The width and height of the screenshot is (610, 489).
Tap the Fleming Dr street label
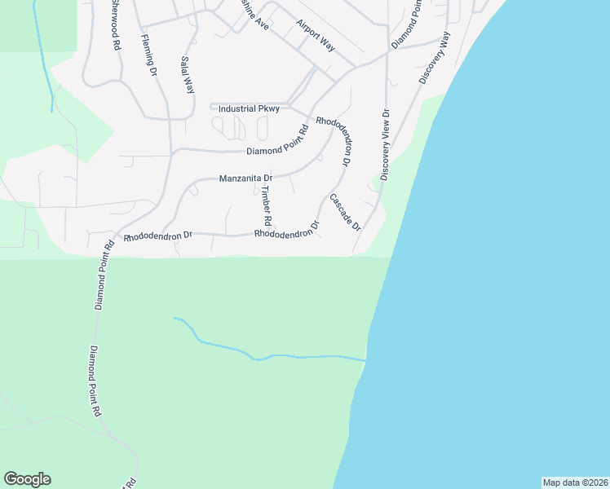pyautogui.click(x=148, y=54)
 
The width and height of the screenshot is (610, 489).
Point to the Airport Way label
pyautogui.click(x=316, y=35)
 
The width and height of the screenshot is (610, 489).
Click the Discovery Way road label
pyautogui.click(x=435, y=58)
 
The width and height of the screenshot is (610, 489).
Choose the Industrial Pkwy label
pyautogui.click(x=250, y=108)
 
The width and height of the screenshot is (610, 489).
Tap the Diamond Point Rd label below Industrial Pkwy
pyautogui.click(x=277, y=145)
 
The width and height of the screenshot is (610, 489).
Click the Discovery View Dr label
pyautogui.click(x=386, y=145)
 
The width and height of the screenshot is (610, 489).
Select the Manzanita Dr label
pyautogui.click(x=245, y=178)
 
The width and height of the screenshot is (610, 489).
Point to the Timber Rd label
pyautogui.click(x=265, y=206)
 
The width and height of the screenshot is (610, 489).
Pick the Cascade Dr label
pyautogui.click(x=345, y=212)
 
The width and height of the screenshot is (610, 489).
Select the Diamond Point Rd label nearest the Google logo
pyautogui.click(x=95, y=382)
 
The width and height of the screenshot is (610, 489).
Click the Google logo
pyautogui.click(x=27, y=479)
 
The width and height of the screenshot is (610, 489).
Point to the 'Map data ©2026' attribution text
pyautogui.click(x=575, y=482)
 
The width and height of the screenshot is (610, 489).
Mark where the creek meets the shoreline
pyautogui.click(x=365, y=359)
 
